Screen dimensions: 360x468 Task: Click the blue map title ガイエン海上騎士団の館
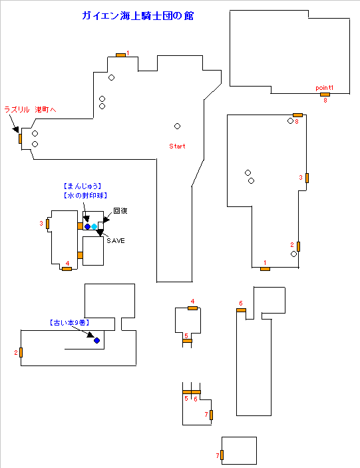pyautogui.click(x=138, y=16)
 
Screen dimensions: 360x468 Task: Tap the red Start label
pyautogui.click(x=177, y=146)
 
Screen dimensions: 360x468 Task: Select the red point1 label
pyautogui.click(x=325, y=88)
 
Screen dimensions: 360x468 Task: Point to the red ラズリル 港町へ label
pyautogui.click(x=30, y=110)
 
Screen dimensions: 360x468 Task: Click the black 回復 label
pyautogui.click(x=120, y=211)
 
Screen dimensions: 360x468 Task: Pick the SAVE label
pyautogui.click(x=116, y=240)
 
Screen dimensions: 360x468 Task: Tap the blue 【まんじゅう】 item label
pyautogui.click(x=83, y=186)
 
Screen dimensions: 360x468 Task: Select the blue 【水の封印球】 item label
pyautogui.click(x=85, y=196)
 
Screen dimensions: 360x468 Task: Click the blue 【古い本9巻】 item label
pyautogui.click(x=69, y=323)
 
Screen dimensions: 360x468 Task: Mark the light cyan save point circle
pyautogui.click(x=94, y=226)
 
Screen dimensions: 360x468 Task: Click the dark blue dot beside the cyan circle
pyautogui.click(x=87, y=226)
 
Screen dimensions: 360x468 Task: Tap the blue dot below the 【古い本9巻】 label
pyautogui.click(x=96, y=340)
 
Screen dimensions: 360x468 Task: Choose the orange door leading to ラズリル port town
pyautogui.click(x=20, y=138)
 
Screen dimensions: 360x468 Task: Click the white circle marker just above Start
pyautogui.click(x=177, y=126)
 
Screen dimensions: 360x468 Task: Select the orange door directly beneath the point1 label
pyautogui.click(x=325, y=95)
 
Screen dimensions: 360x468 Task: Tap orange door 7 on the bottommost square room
pyautogui.click(x=222, y=455)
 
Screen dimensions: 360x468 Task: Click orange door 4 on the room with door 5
pyautogui.click(x=193, y=308)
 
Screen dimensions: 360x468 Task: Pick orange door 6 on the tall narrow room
pyautogui.click(x=241, y=310)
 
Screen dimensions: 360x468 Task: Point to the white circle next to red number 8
pyautogui.click(x=290, y=121)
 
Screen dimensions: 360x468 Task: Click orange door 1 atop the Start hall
pyautogui.click(x=121, y=55)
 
